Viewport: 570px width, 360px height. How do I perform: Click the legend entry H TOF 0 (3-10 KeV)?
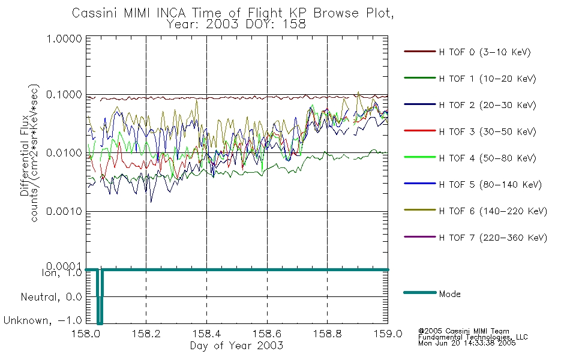pyautogui.click(x=485, y=52)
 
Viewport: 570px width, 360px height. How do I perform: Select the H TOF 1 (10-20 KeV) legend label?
pyautogui.click(x=487, y=79)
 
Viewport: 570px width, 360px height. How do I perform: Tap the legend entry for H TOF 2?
pyautogui.click(x=487, y=105)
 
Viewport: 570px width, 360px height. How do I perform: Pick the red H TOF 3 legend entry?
pyautogui.click(x=487, y=131)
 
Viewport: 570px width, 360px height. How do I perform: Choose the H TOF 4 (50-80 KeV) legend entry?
pyautogui.click(x=487, y=158)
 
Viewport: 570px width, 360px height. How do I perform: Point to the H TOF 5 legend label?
pyautogui.click(x=490, y=185)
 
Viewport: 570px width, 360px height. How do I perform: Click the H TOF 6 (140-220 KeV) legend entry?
pyautogui.click(x=493, y=211)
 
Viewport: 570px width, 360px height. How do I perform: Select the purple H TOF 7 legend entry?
pyautogui.click(x=493, y=238)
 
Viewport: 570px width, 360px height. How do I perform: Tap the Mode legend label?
pyautogui.click(x=449, y=294)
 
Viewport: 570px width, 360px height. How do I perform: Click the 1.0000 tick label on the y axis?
pyautogui.click(x=64, y=38)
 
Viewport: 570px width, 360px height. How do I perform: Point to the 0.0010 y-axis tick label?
pyautogui.click(x=64, y=211)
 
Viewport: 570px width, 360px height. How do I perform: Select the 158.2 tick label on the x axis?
pyautogui.click(x=146, y=334)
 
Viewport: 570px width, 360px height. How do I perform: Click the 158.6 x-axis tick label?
pyautogui.click(x=267, y=334)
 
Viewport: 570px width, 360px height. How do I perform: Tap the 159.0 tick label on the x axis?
pyautogui.click(x=388, y=334)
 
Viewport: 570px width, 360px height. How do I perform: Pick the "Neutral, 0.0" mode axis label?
pyautogui.click(x=51, y=298)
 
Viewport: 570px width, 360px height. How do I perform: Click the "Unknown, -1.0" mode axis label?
pyautogui.click(x=43, y=320)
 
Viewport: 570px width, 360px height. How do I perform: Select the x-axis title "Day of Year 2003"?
pyautogui.click(x=236, y=346)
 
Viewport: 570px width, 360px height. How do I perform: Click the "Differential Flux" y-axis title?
pyautogui.click(x=25, y=155)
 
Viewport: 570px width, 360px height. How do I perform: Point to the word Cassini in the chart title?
pyautogui.click(x=95, y=13)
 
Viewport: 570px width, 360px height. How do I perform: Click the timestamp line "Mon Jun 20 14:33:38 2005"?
pyautogui.click(x=467, y=343)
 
